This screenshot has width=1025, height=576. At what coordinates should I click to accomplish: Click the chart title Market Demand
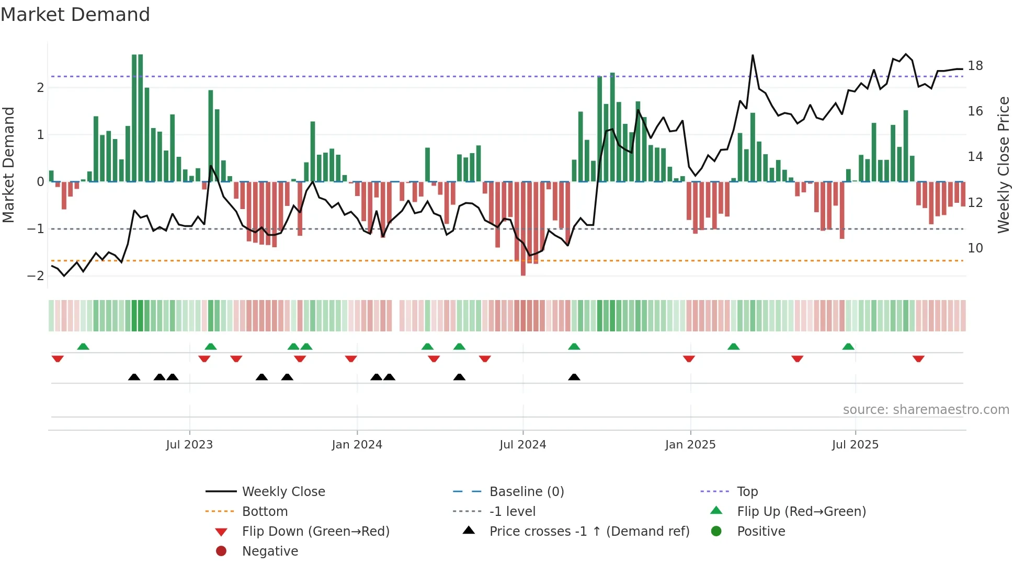tap(75, 14)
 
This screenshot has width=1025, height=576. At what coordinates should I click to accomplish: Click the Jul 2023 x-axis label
tap(189, 444)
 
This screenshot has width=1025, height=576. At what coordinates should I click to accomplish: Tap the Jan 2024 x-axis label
tap(357, 444)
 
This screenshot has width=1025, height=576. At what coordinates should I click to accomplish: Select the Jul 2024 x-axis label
tap(522, 444)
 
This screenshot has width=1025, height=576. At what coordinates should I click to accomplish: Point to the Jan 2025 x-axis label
tap(690, 444)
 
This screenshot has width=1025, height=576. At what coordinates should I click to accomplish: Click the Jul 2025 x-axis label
tap(855, 444)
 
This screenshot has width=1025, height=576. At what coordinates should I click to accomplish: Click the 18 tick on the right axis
tap(975, 66)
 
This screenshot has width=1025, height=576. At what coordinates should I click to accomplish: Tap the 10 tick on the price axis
tap(975, 248)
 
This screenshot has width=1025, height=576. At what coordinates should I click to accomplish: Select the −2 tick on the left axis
tap(36, 275)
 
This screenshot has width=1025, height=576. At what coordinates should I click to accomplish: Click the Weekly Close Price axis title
tap(1003, 165)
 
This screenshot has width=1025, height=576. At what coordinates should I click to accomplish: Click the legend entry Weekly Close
tap(283, 491)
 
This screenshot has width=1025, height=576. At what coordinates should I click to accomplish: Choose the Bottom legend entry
tap(265, 511)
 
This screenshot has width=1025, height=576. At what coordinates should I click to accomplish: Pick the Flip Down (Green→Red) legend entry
tap(315, 531)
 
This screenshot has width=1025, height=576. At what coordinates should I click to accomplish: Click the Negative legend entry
tap(270, 551)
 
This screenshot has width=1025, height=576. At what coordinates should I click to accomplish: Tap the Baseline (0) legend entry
tap(526, 491)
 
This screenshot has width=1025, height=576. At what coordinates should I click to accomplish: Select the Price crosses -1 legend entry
tap(589, 531)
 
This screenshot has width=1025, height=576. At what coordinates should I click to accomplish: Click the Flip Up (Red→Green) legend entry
tap(801, 511)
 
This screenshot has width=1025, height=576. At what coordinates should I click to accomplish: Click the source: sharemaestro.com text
tap(926, 409)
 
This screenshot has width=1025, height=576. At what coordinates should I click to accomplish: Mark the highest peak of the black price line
tap(753, 55)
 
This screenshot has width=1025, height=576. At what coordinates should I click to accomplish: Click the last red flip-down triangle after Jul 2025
tap(918, 359)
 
